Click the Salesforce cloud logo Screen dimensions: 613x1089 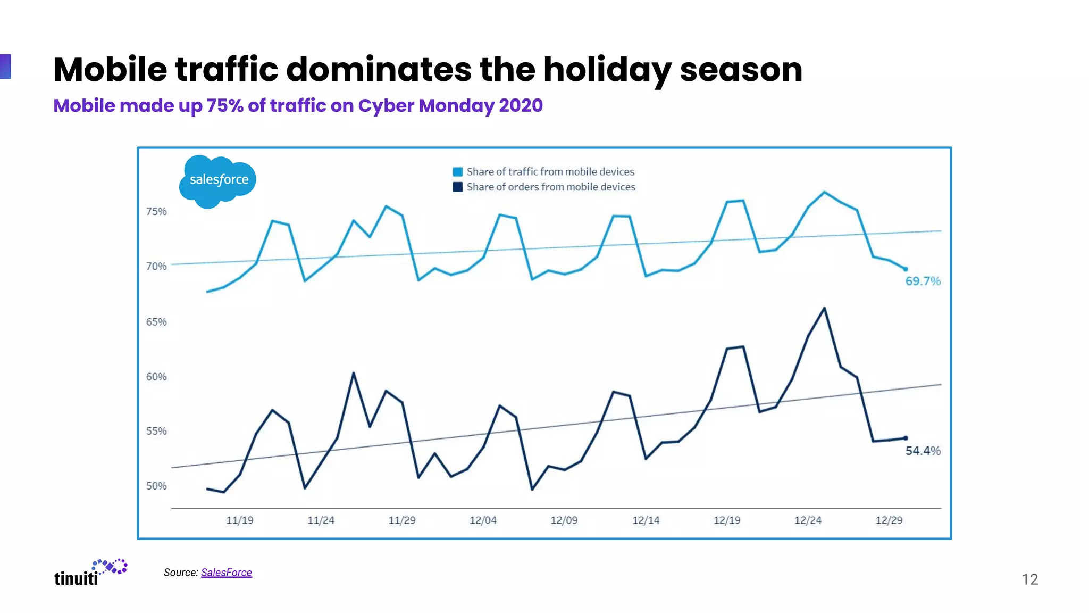pos(217,181)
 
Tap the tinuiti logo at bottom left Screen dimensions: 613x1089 pos(89,573)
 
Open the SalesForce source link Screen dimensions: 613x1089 pos(226,573)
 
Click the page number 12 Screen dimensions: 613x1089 pos(1029,579)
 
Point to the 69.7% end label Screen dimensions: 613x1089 pos(923,281)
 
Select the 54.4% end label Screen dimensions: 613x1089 pos(923,451)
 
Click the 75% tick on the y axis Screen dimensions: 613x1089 pos(156,211)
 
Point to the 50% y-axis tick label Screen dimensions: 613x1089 pos(156,486)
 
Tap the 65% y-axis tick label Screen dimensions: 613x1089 pos(156,322)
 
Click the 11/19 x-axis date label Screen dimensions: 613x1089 pos(240,520)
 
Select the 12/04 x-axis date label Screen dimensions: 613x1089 pos(483,520)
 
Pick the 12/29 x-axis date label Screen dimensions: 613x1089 pos(889,520)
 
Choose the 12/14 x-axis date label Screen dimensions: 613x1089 pos(646,520)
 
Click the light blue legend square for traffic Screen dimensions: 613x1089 pos(457,172)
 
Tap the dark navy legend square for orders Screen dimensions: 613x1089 pos(457,187)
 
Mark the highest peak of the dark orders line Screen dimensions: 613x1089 pos(824,308)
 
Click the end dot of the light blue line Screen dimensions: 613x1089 pos(906,269)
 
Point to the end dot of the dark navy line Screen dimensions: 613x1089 pos(906,438)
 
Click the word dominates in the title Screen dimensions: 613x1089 pos(379,70)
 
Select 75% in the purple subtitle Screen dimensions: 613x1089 pos(225,105)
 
